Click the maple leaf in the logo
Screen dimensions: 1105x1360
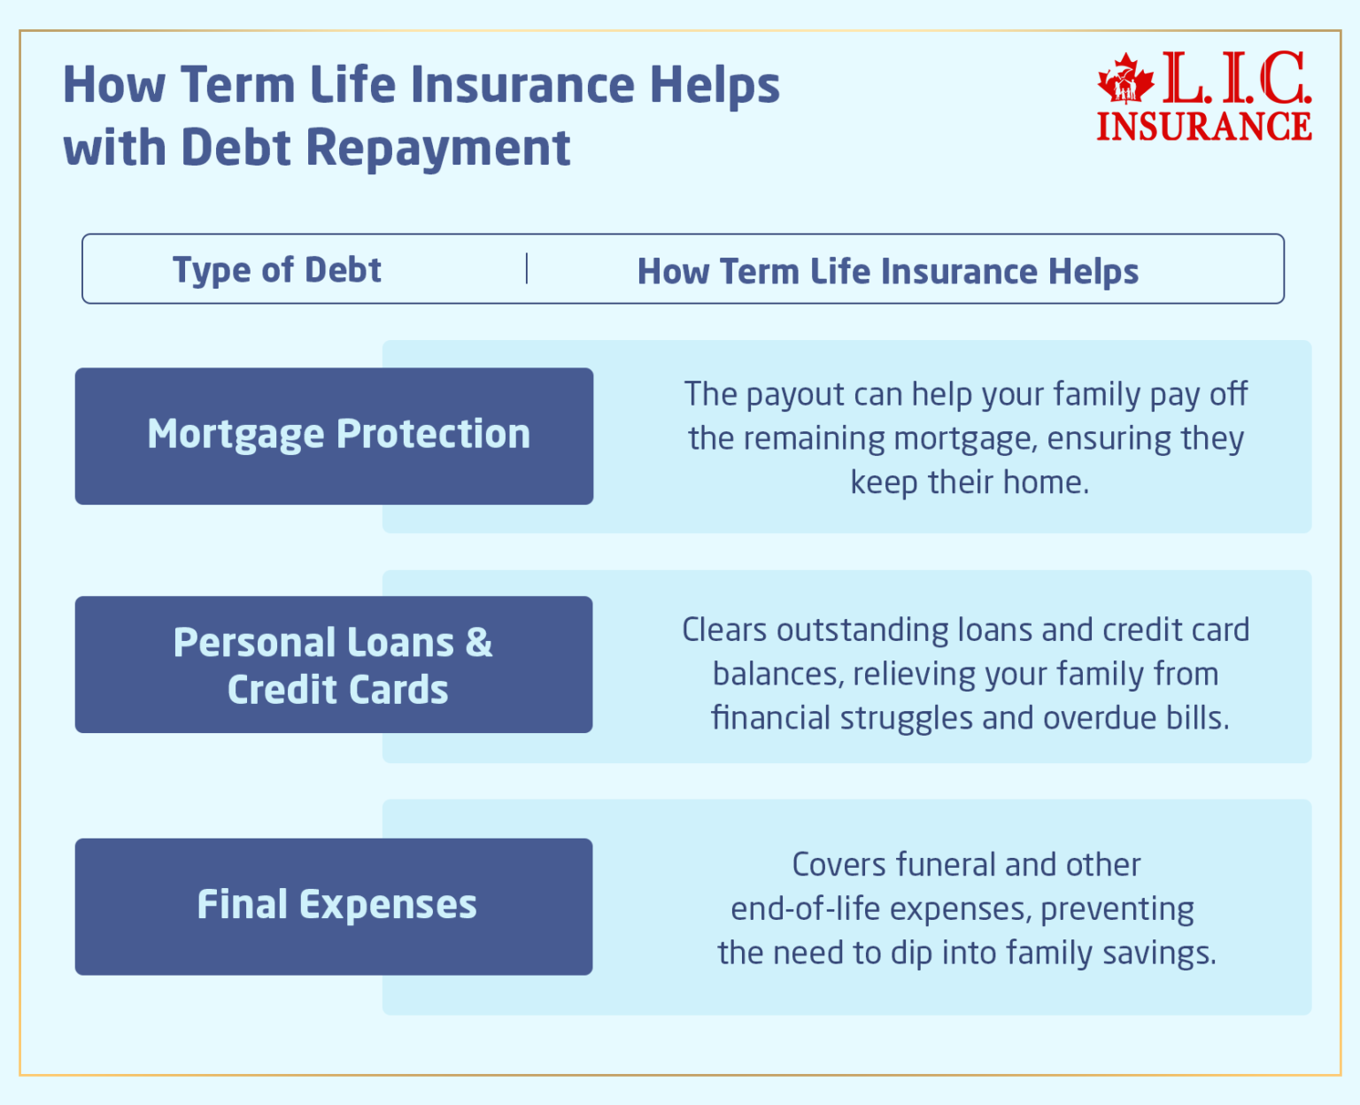1125,81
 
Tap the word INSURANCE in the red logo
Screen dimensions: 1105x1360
1204,126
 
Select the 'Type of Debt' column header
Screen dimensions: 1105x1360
277,270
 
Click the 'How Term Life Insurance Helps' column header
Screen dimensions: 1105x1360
887,271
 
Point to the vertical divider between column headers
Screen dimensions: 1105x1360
527,268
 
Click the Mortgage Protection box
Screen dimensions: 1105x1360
334,436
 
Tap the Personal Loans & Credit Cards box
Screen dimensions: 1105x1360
334,665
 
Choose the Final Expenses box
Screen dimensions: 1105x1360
334,907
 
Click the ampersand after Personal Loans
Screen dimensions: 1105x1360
478,643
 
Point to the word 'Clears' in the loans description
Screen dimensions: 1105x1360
723,630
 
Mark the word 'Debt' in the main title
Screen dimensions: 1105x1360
236,148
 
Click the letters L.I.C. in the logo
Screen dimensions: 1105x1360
1236,79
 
